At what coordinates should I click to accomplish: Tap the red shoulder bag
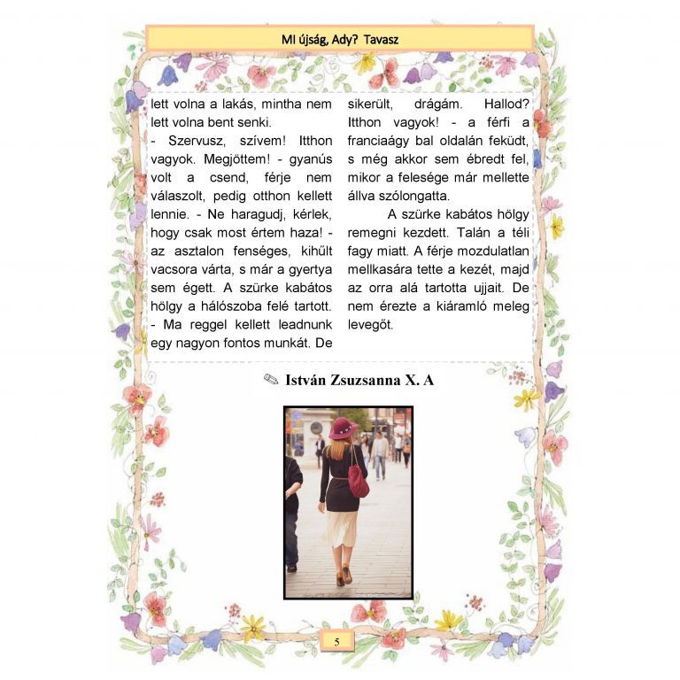(359, 481)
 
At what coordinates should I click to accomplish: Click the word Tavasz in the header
(381, 39)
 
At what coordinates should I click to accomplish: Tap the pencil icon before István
(271, 381)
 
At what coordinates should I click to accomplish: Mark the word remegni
(377, 233)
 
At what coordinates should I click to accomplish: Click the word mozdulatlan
(485, 251)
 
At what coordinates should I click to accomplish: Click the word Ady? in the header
(341, 39)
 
